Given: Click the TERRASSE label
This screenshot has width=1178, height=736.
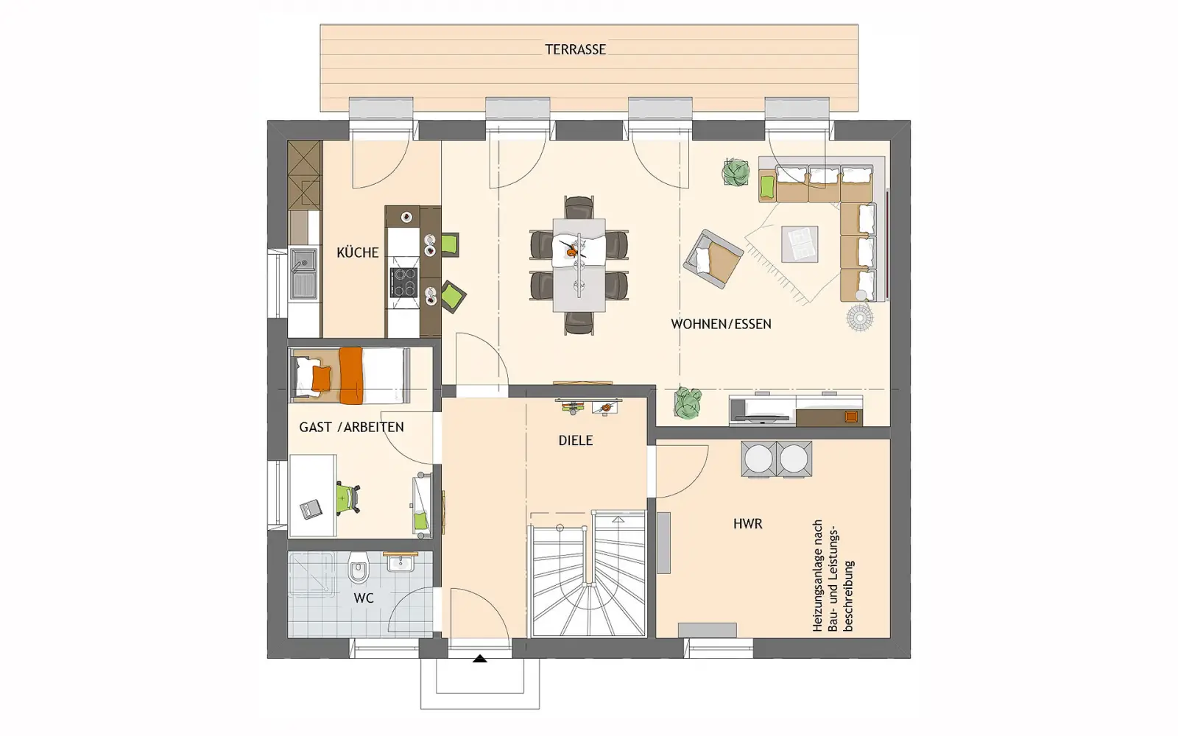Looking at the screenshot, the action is (x=575, y=49).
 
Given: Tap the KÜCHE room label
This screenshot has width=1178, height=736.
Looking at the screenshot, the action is (x=358, y=252).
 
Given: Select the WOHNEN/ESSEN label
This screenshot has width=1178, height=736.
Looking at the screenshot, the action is (x=721, y=324).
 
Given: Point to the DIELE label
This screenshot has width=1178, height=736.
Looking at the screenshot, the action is (x=575, y=441).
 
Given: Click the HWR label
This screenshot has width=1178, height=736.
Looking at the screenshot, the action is (x=748, y=523).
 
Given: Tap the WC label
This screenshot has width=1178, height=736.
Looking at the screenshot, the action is (x=364, y=598).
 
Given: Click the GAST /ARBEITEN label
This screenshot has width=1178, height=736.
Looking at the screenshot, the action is (x=351, y=427).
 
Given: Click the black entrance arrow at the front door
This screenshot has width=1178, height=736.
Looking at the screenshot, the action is (x=479, y=659).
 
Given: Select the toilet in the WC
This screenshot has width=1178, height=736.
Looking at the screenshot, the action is (x=358, y=567).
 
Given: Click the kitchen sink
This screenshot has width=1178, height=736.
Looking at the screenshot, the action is (x=304, y=273).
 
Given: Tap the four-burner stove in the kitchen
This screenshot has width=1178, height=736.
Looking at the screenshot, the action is (x=404, y=283).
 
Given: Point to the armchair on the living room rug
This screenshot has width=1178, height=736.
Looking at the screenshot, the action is (x=713, y=258).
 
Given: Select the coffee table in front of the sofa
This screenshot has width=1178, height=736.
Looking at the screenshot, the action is (x=800, y=244).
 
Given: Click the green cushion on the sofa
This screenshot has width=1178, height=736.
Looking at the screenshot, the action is (x=768, y=187).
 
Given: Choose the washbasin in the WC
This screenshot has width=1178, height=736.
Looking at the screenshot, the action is (x=401, y=562).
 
